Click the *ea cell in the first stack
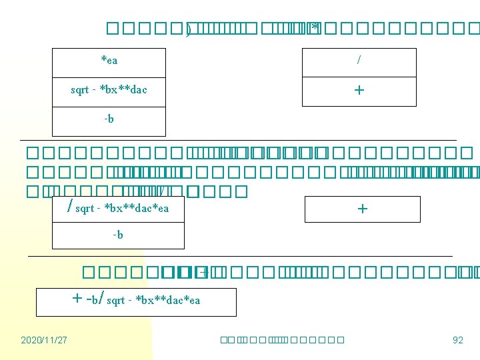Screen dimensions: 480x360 (109, 61)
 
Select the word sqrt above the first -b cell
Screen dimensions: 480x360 (81, 90)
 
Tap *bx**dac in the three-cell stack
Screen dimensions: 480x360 (123, 90)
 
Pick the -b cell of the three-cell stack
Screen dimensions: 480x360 (109, 119)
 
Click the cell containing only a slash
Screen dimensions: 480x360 (359, 61)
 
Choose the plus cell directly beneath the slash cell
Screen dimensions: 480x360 (359, 90)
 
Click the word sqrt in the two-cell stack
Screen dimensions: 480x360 (85, 209)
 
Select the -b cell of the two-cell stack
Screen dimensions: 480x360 (118, 235)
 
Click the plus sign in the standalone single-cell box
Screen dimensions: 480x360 (362, 209)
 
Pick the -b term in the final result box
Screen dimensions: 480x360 (93, 299)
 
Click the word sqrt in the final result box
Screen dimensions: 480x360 (117, 301)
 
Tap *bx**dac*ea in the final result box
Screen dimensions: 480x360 (167, 301)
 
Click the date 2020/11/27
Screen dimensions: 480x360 (43, 340)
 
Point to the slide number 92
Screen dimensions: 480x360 (457, 340)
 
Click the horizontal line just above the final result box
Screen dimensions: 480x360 (240, 256)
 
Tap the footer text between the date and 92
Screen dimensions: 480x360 (281, 340)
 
